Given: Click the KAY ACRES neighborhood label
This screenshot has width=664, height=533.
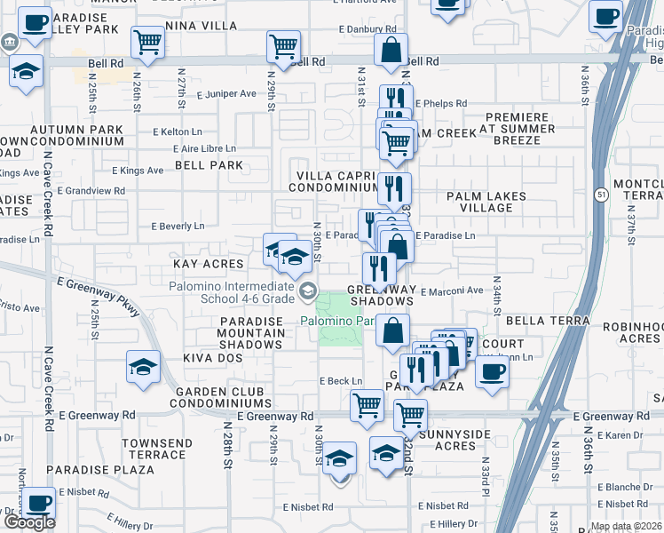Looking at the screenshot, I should tap(209, 264).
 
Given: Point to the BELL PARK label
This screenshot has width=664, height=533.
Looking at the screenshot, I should tap(209, 165).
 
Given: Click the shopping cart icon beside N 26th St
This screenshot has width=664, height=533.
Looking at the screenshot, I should tap(147, 41).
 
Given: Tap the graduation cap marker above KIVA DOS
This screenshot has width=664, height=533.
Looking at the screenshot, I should tap(144, 367).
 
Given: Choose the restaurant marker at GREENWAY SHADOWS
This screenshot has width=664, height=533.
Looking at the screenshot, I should tap(379, 266).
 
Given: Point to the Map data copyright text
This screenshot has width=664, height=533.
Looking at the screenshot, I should tap(625, 526).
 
